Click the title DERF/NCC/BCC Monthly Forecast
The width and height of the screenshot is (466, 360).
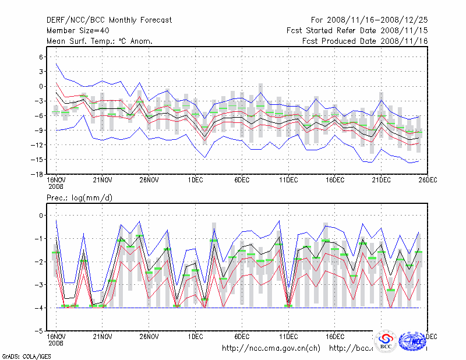pos(109,20)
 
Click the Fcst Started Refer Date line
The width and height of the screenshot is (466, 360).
pos(357,30)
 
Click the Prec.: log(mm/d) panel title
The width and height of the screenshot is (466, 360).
pos(79,198)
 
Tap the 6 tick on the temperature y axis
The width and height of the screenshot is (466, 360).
pos(41,57)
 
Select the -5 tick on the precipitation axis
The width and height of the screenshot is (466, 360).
pos(40,331)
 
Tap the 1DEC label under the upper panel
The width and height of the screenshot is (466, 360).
pos(196,180)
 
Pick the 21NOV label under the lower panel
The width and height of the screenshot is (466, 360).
pos(103,337)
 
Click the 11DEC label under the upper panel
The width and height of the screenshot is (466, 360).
pos(289,180)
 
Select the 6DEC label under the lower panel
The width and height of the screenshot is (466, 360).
pos(242,337)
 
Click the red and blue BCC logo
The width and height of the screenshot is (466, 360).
pos(386,341)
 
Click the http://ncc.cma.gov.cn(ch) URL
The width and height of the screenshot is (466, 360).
pos(271,348)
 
